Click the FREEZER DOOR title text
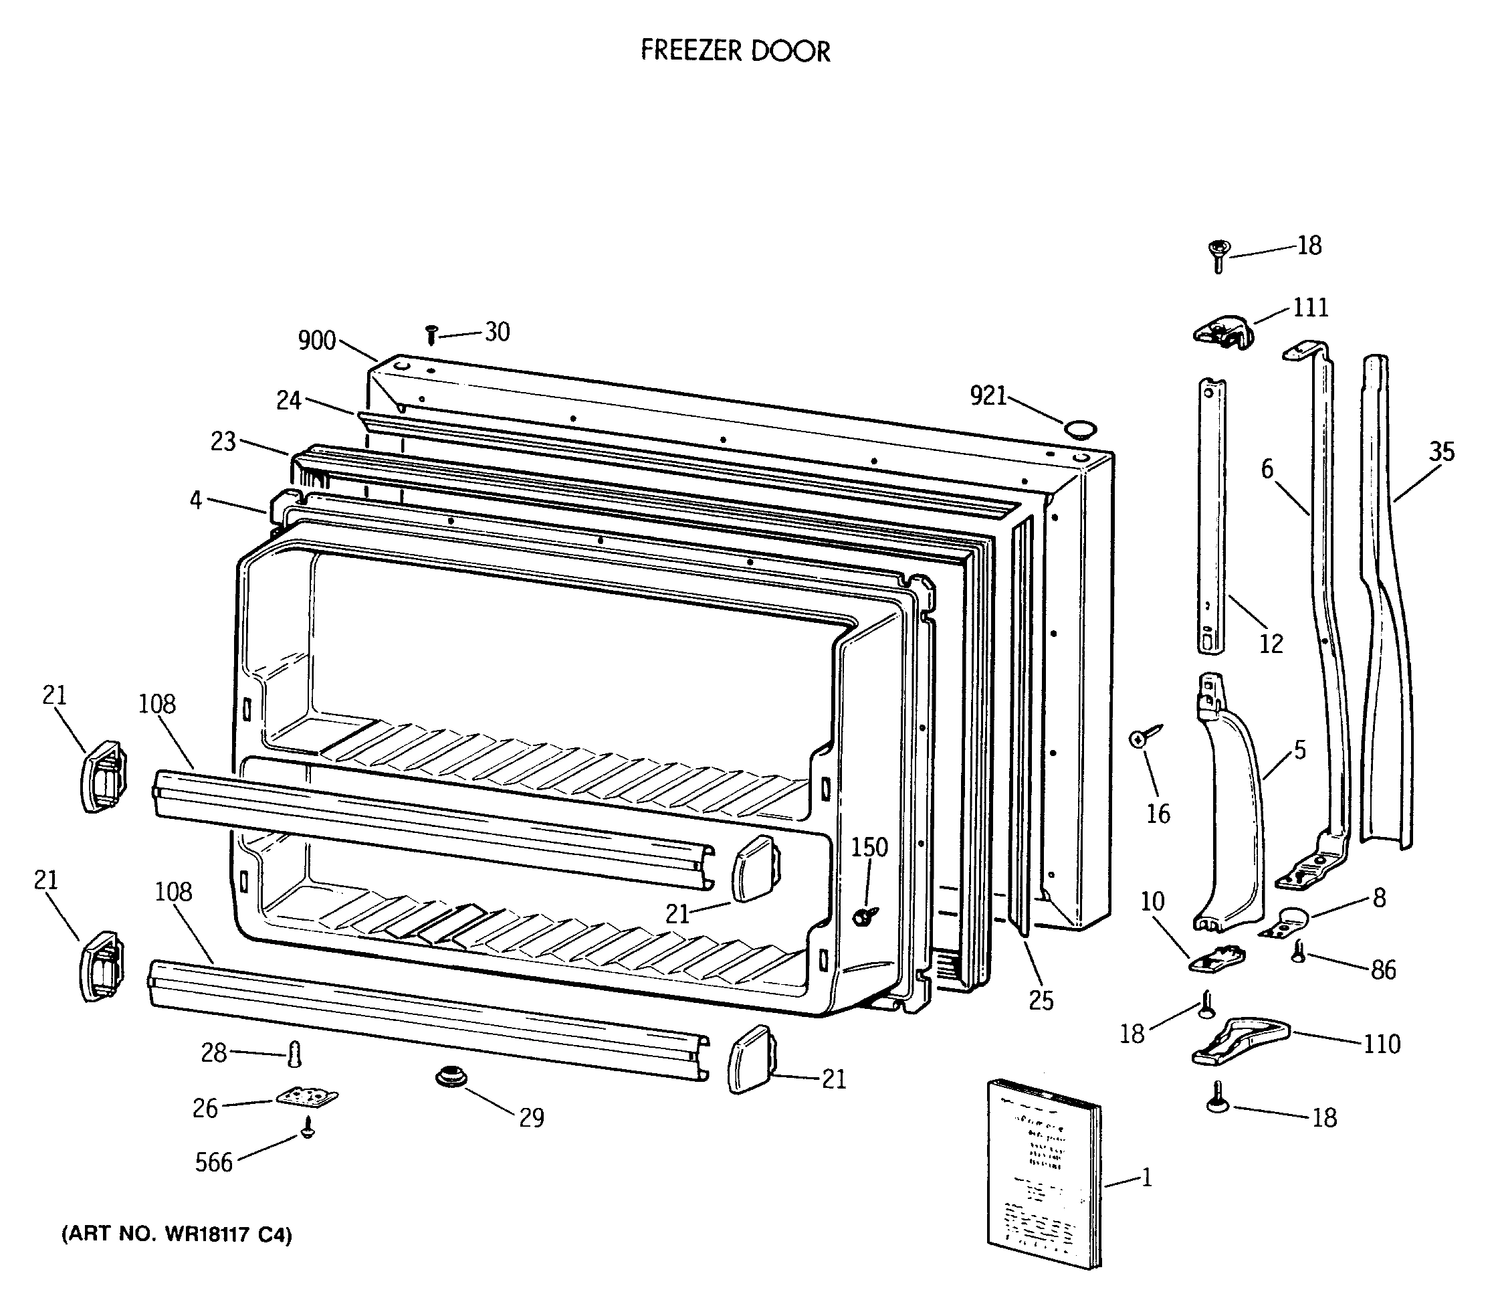734,51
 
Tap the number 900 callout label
317,341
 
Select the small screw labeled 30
431,335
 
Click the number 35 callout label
1441,452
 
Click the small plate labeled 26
308,1097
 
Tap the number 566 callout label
213,1161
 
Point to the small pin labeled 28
294,1052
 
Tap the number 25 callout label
1041,1002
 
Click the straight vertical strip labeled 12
1212,514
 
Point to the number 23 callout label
223,441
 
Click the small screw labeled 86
1298,951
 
